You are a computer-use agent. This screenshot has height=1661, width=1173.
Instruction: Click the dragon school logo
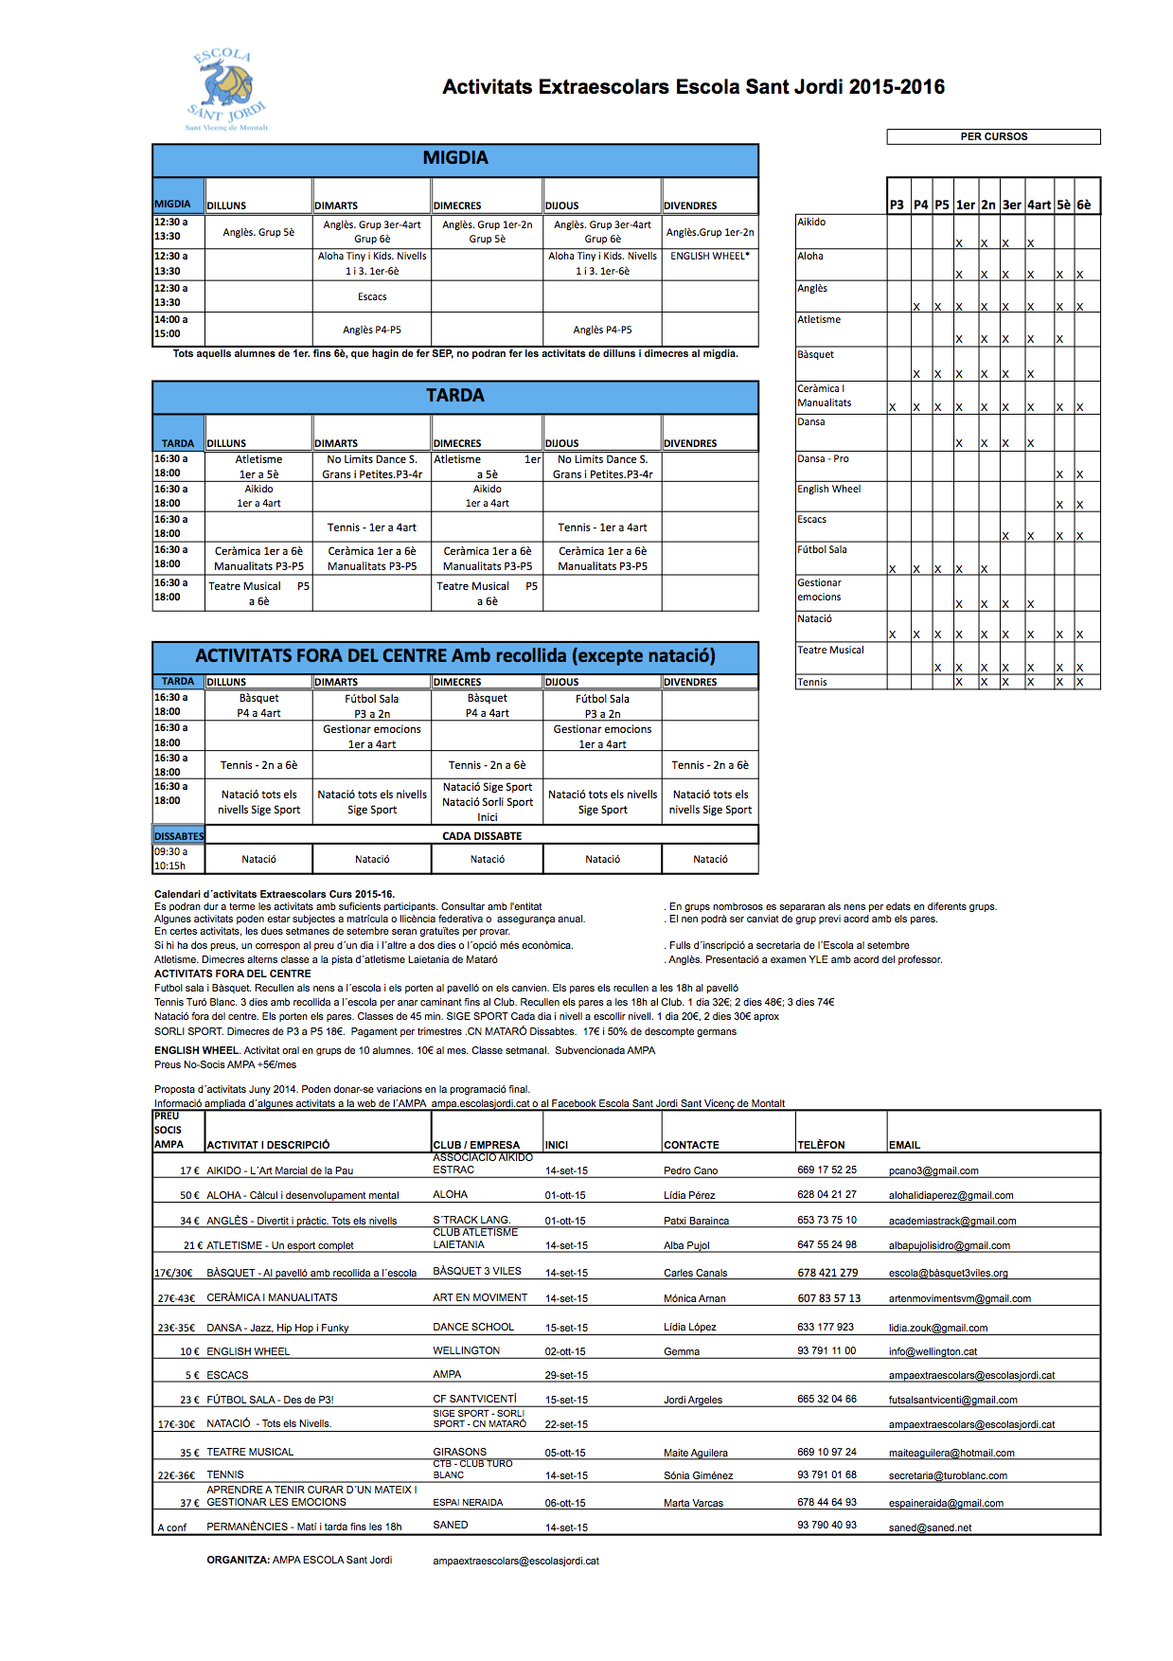point(226,89)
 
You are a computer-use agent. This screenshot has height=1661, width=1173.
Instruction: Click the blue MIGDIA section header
point(455,159)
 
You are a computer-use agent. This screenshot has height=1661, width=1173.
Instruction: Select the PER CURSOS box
point(993,136)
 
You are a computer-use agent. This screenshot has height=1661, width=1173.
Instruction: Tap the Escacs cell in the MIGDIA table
point(372,296)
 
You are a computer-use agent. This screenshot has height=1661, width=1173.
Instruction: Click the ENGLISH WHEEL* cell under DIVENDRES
point(710,257)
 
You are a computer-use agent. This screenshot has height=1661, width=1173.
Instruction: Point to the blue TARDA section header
point(455,396)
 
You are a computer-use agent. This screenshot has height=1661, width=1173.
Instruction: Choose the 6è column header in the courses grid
point(1084,205)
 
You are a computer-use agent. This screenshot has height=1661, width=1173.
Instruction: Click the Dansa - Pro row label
point(824,458)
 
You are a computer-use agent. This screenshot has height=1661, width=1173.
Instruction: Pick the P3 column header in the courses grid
point(897,205)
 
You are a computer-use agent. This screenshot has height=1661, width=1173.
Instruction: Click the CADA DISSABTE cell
point(482,836)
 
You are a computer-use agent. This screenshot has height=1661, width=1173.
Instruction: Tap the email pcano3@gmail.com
point(933,1170)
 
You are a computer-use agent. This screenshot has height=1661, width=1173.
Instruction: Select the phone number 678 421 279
point(827,1273)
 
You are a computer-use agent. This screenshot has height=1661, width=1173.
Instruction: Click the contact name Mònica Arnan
point(695,1298)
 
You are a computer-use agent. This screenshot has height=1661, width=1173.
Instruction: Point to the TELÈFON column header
point(821,1145)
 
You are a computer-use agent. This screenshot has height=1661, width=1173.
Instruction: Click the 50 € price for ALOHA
point(189,1195)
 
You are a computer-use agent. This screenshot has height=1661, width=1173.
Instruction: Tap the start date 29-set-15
point(566,1375)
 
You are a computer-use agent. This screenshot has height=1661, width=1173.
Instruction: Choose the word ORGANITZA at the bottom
point(238,1560)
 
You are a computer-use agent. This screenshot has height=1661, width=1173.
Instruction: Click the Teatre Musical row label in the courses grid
point(830,650)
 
